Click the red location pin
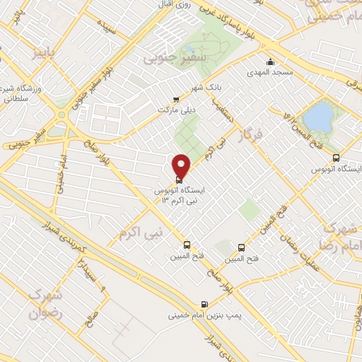[x=182, y=165]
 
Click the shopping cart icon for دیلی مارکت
[x=176, y=100]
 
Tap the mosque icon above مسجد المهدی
[x=271, y=62]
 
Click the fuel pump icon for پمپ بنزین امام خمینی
[x=206, y=300]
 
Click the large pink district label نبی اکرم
[x=141, y=232]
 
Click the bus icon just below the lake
[x=335, y=159]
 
